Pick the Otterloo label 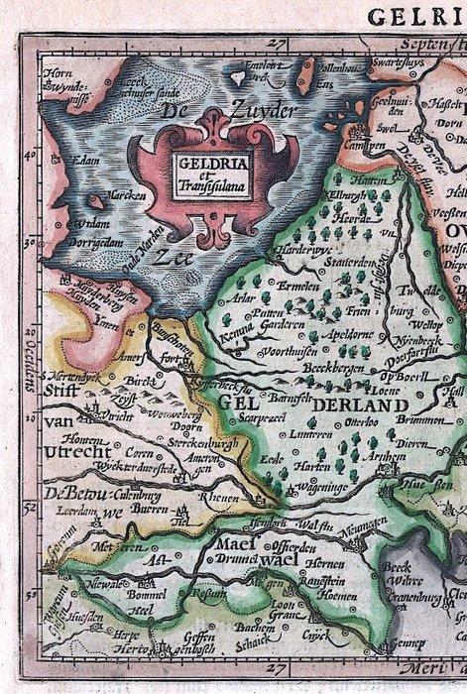tap(368, 416)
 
